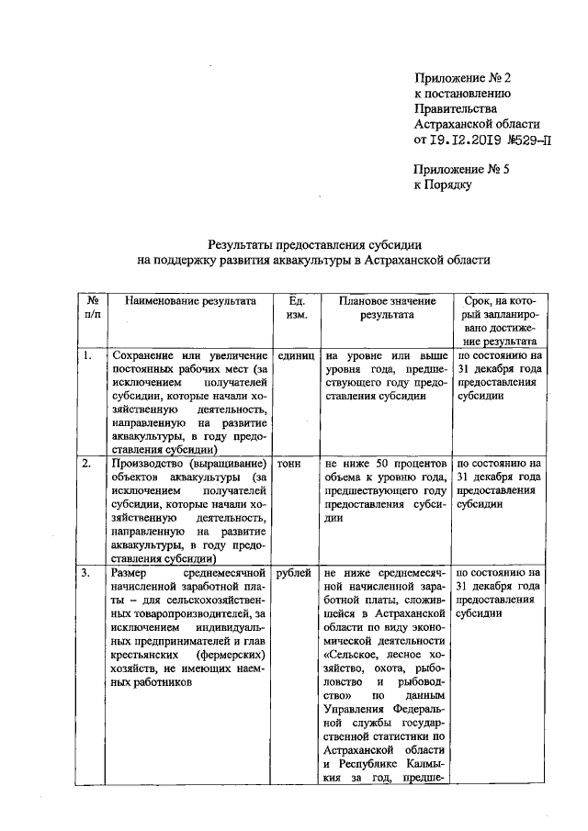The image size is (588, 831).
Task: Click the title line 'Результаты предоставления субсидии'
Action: coord(314,244)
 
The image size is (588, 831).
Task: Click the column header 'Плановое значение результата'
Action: coord(387,308)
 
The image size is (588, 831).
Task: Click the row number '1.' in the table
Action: coord(85,355)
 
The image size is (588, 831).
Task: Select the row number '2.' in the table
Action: coord(85,464)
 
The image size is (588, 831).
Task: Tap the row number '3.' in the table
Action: coord(85,573)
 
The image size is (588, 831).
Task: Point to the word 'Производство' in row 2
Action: coord(147,464)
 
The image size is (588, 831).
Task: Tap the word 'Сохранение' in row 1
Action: coord(143,355)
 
